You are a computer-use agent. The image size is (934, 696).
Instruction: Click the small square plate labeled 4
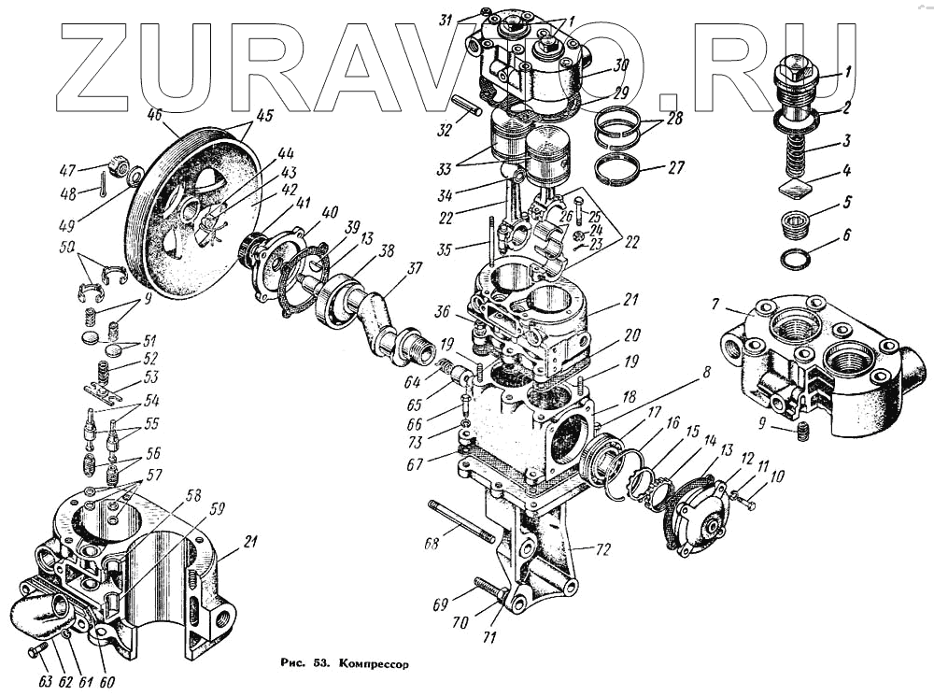793,191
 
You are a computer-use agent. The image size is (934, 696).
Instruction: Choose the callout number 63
44,681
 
